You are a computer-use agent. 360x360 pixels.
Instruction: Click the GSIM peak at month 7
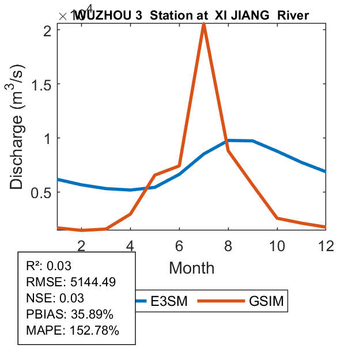click(204, 24)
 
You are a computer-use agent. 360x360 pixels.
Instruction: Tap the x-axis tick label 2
click(82, 246)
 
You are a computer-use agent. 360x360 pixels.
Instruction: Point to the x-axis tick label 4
click(131, 246)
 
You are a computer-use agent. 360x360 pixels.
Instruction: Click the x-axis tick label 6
click(180, 246)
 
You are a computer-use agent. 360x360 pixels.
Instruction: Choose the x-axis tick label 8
click(229, 246)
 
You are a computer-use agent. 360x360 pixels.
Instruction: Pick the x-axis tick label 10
click(277, 246)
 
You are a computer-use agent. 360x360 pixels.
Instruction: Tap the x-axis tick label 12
click(326, 246)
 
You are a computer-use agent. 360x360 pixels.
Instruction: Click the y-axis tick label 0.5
click(43, 192)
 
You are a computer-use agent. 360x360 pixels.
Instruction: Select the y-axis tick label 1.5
click(43, 84)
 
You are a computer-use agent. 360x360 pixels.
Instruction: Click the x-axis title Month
click(192, 268)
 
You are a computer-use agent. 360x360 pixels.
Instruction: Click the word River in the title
click(293, 16)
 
